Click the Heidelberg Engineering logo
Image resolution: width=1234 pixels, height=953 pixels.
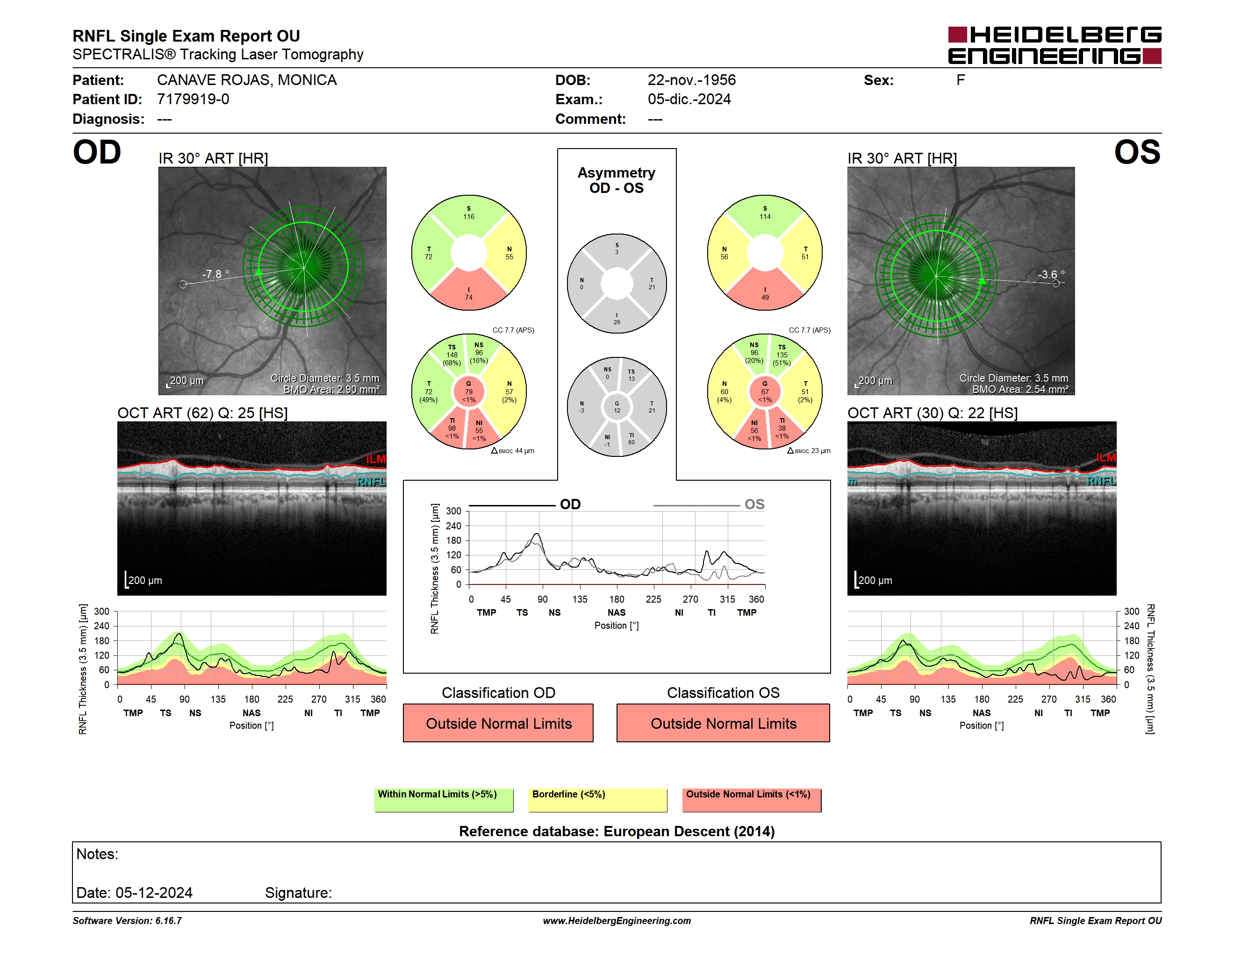coord(1055,45)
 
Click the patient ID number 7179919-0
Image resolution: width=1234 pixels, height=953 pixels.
coord(193,100)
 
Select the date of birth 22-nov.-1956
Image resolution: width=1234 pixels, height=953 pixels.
coord(692,80)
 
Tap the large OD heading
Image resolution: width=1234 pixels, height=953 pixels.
coord(97,152)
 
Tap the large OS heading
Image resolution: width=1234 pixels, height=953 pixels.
coord(1137,152)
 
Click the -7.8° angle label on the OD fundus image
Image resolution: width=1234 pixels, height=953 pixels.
coord(216,274)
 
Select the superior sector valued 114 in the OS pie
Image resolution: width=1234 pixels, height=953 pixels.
coord(765,215)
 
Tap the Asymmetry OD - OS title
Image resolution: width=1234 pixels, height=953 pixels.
coord(617,180)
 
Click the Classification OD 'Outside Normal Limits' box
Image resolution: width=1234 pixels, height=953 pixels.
coord(498,723)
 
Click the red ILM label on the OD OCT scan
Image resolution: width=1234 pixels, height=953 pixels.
coord(375,459)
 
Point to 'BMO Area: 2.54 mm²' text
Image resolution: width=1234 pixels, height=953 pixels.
coord(1020,390)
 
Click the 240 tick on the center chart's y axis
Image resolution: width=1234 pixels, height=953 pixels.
coord(454,526)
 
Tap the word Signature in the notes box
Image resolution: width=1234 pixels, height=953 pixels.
coord(298,893)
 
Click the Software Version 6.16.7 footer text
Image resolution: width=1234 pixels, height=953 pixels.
coord(127,921)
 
